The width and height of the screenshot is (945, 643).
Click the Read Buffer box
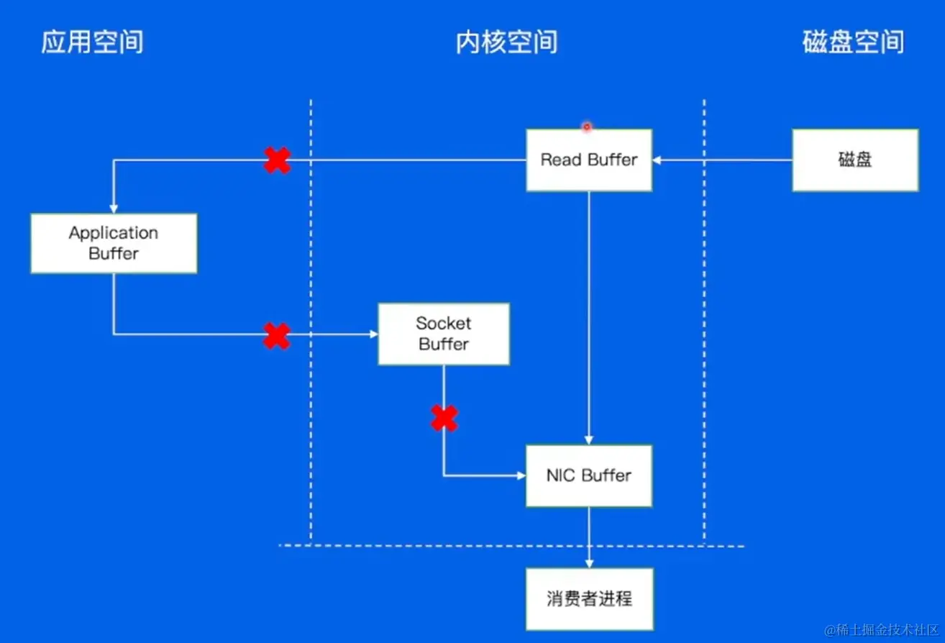[x=589, y=160]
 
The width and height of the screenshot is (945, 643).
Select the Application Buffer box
[x=114, y=243]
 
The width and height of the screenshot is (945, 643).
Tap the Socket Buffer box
[x=444, y=334]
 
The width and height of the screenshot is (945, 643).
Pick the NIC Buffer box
[x=589, y=475]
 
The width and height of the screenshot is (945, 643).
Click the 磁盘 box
[x=855, y=160]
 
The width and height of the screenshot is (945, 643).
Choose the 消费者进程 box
[x=589, y=598]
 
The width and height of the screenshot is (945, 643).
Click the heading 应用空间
[x=92, y=42]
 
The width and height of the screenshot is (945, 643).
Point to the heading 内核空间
[x=506, y=42]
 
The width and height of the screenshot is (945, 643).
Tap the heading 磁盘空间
[x=853, y=42]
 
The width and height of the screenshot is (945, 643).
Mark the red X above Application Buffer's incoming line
[x=277, y=160]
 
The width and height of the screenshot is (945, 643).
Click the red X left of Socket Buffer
[x=277, y=335]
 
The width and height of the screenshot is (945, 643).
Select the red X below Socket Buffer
[x=444, y=418]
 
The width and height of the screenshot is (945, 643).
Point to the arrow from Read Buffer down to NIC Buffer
[x=589, y=316]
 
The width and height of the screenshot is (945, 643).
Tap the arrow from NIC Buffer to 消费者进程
[x=589, y=537]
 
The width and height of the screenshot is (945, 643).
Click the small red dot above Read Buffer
[x=587, y=127]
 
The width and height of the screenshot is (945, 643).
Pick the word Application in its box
[x=114, y=233]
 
